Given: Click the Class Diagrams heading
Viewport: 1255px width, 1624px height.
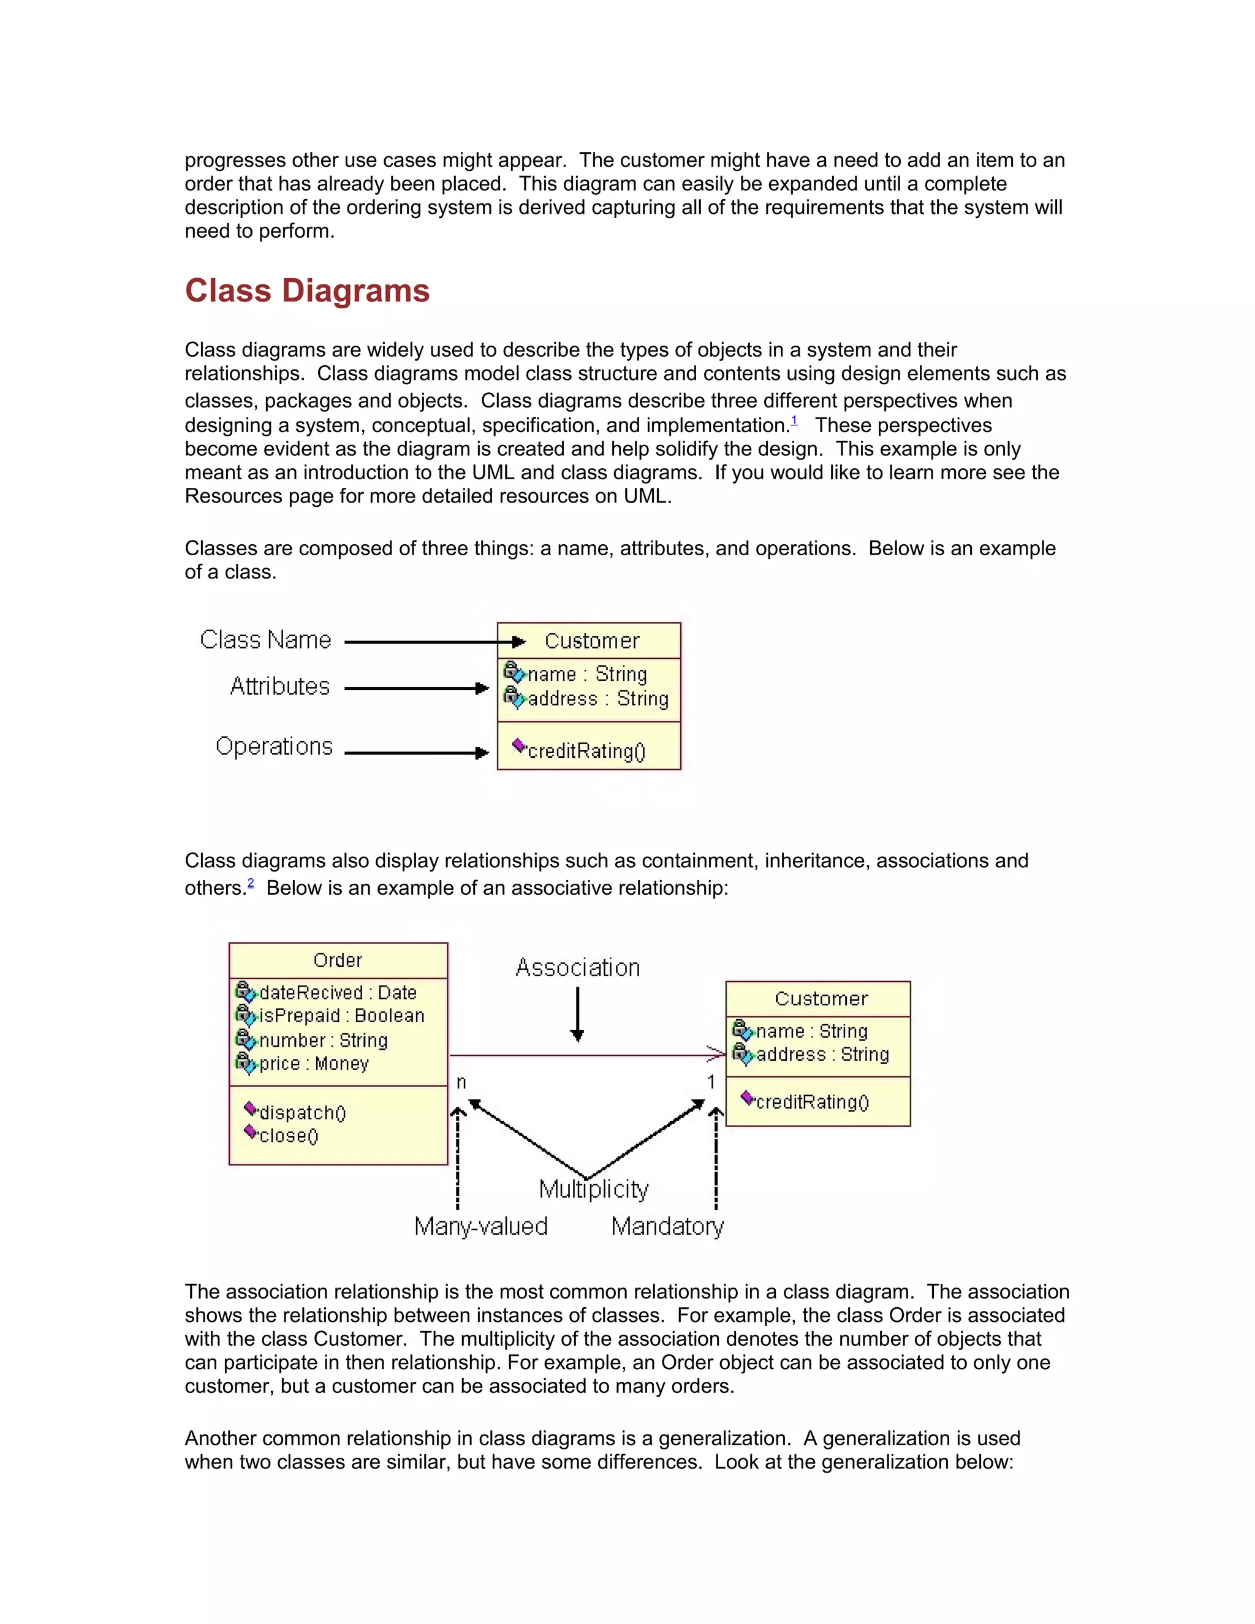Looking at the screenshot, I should pos(307,290).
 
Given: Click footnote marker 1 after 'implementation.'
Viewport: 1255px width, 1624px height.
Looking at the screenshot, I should pos(794,421).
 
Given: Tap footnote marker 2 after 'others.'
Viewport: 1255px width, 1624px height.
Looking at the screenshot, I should pos(251,883).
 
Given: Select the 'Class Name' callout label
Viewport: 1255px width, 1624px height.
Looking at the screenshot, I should pos(265,640).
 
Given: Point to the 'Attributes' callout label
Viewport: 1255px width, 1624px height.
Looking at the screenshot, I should pos(279,686).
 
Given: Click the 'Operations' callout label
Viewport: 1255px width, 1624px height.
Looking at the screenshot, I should pos(273,746).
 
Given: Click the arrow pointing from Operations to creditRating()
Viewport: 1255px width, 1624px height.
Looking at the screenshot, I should pos(416,753).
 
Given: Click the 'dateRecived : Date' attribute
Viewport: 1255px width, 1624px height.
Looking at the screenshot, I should pos(337,993).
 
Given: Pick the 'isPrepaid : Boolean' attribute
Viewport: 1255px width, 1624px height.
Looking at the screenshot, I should pos(341,1015).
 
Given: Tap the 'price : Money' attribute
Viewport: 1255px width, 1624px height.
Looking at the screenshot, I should pos(313,1064).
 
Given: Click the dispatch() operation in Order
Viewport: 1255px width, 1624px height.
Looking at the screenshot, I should pos(302,1113).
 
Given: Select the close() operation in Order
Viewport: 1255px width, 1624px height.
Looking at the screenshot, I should pos(289,1136).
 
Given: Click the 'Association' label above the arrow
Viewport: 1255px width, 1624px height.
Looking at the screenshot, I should pos(578,968).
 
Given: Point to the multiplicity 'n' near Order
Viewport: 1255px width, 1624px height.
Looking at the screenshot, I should pos(461,1083).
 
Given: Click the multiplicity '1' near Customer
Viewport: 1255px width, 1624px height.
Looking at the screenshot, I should pos(711,1083).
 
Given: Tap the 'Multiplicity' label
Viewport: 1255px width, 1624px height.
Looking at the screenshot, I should pos(593,1190).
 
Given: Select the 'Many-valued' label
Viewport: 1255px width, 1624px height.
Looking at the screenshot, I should pos(481,1227).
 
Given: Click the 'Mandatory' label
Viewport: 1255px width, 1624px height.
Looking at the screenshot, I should pos(667,1227).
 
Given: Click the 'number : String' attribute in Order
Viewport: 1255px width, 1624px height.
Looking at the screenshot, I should pos(323,1041).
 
